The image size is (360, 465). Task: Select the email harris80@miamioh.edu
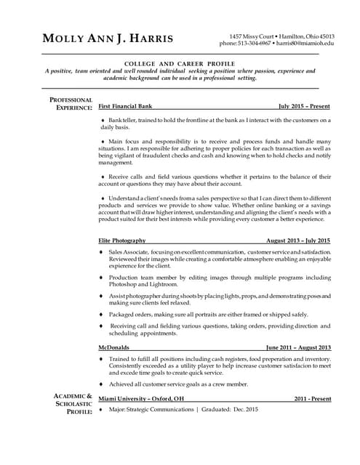tap(308, 44)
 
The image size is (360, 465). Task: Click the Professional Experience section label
tap(71, 104)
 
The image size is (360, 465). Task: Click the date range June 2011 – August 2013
tap(298, 347)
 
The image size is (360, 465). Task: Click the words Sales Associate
tap(128, 251)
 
